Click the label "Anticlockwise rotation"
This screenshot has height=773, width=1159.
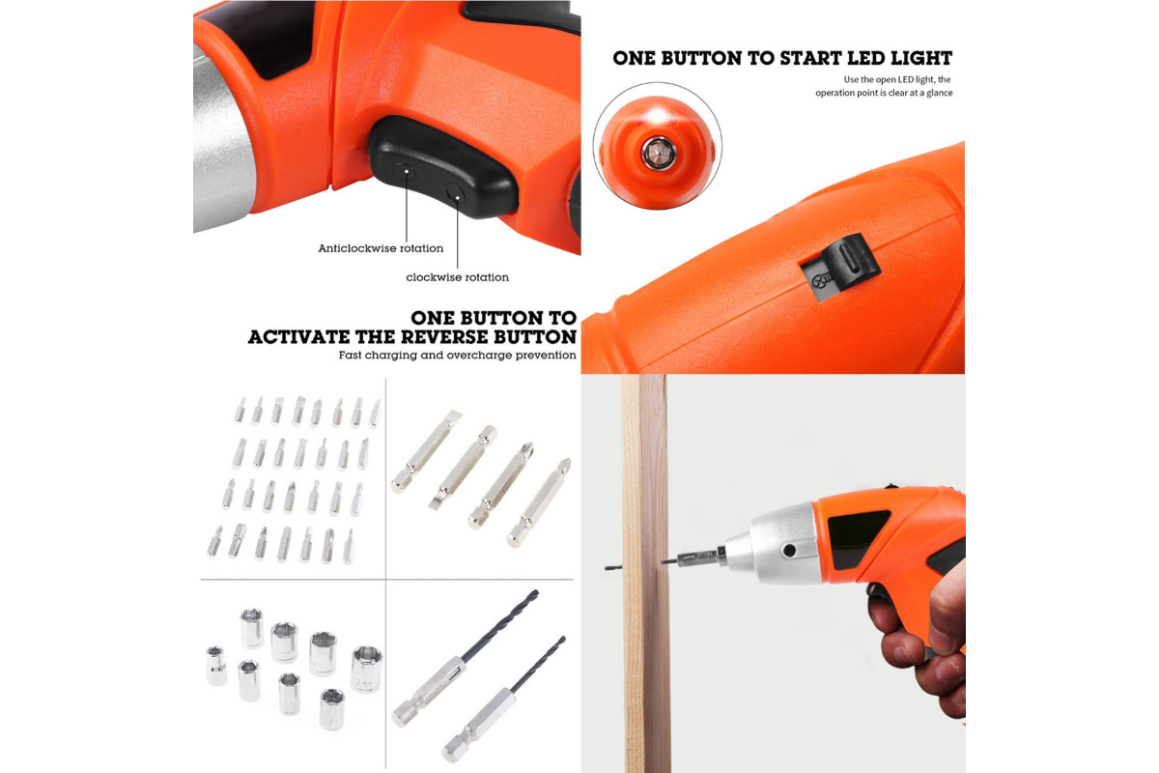pyautogui.click(x=381, y=248)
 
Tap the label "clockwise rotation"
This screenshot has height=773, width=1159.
pyautogui.click(x=458, y=277)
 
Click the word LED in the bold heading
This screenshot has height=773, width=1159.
pyautogui.click(x=866, y=58)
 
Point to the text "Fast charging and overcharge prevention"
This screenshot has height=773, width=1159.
pyautogui.click(x=458, y=356)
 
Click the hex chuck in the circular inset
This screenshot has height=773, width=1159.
pyautogui.click(x=658, y=153)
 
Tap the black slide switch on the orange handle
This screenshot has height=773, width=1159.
pyautogui.click(x=839, y=265)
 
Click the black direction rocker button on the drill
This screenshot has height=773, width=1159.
pyautogui.click(x=442, y=165)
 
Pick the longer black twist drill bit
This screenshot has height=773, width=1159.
pyautogui.click(x=466, y=658)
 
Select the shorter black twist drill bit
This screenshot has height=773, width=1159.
pyautogui.click(x=504, y=700)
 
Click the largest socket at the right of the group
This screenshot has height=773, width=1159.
pyautogui.click(x=366, y=669)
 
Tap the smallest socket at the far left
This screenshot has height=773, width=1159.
pyautogui.click(x=216, y=666)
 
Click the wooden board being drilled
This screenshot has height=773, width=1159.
pyautogui.click(x=646, y=573)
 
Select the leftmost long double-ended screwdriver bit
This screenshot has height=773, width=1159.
pyautogui.click(x=426, y=451)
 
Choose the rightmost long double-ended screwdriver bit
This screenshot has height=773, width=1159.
pyautogui.click(x=539, y=502)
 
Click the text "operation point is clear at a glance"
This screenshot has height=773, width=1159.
pyautogui.click(x=884, y=93)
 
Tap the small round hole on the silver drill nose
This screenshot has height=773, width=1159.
pyautogui.click(x=790, y=551)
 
